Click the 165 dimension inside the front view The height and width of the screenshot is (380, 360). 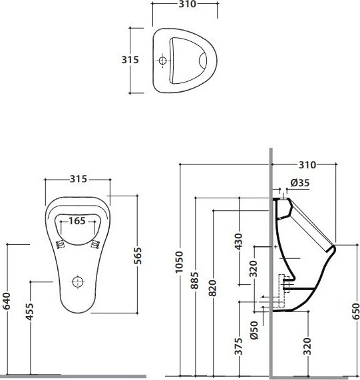tap(77, 221)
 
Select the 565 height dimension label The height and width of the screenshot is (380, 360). tap(138, 256)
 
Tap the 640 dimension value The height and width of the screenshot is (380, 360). tap(7, 301)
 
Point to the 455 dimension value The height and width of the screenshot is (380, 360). tap(30, 311)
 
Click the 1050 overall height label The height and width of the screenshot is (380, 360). tap(179, 262)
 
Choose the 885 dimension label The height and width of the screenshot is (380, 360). tap(194, 281)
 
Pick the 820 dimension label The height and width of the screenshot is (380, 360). tap(213, 288)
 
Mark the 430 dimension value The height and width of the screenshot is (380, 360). tap(239, 242)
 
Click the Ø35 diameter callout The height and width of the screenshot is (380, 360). tap(300, 183)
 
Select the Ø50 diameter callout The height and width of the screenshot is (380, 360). tap(254, 330)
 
